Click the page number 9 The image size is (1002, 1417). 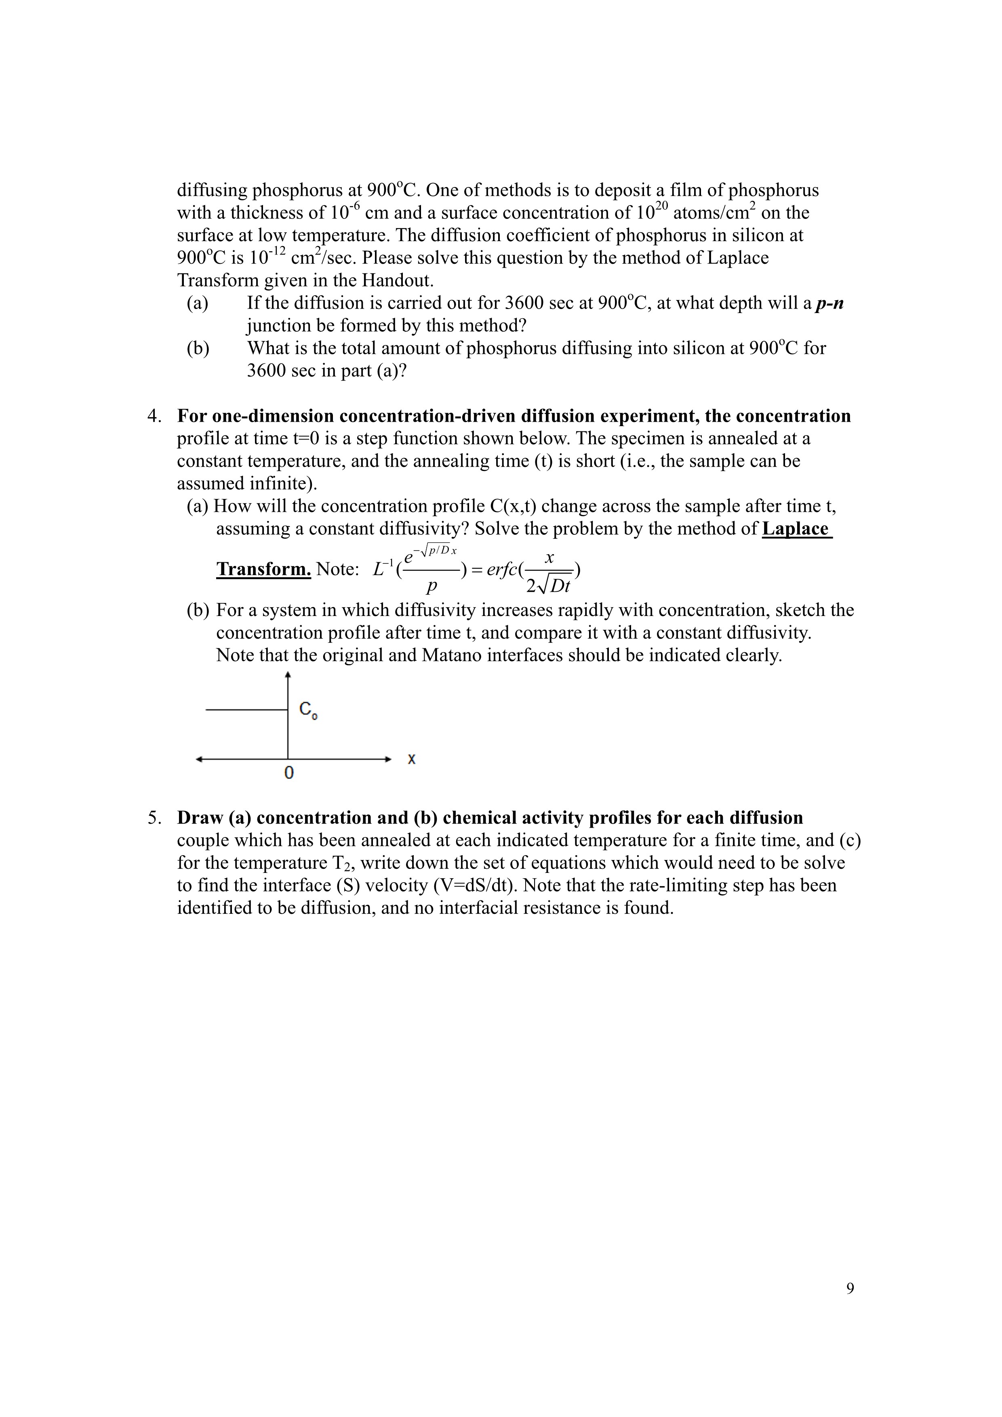[x=850, y=1288]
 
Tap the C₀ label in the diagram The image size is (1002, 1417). [x=307, y=710]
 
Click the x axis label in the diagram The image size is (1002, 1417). [x=412, y=759]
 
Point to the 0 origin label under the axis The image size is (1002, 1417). [x=288, y=773]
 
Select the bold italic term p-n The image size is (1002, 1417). [x=830, y=303]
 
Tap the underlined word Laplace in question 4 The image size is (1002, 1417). [x=796, y=529]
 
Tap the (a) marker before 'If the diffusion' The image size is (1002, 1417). [x=198, y=303]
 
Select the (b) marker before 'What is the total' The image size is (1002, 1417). [x=198, y=348]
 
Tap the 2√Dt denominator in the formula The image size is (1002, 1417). [x=548, y=585]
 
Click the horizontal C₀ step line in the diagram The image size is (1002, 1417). [x=246, y=710]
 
